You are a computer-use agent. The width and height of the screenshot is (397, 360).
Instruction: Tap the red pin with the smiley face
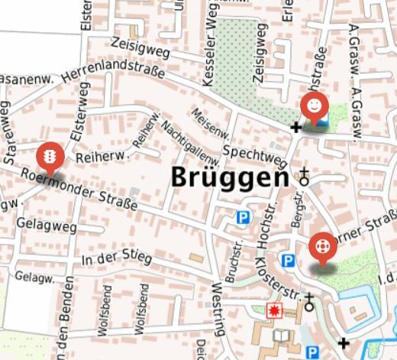pyautogui.click(x=314, y=105)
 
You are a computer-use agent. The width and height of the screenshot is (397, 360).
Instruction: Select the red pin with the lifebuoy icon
pyautogui.click(x=323, y=247)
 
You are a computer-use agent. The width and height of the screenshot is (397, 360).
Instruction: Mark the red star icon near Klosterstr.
pyautogui.click(x=273, y=310)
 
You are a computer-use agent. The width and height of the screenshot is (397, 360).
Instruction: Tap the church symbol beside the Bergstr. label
pyautogui.click(x=305, y=178)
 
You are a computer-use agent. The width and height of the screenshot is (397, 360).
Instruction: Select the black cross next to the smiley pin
pyautogui.click(x=297, y=126)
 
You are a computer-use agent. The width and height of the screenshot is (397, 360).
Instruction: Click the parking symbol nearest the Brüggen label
pyautogui.click(x=243, y=218)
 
